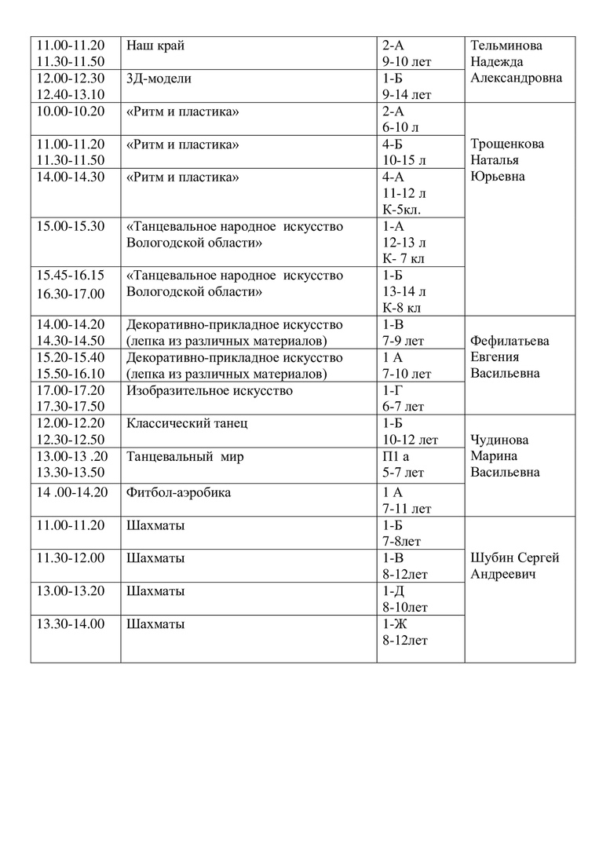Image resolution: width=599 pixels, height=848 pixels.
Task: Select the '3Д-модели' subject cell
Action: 159,79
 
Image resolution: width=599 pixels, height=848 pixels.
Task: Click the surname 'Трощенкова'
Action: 507,144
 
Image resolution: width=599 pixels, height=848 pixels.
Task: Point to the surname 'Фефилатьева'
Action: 510,342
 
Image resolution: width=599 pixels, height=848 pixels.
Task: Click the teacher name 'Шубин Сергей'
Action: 515,558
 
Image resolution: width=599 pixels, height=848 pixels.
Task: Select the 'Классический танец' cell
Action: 187,424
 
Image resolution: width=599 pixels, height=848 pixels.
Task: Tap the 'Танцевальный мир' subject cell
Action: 185,457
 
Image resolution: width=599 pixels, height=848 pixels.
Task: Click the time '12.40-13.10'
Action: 71,95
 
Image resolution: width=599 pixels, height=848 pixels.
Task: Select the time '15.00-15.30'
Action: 71,226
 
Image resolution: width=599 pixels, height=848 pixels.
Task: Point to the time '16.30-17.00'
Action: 71,294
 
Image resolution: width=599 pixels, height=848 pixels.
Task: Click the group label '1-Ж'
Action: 394,624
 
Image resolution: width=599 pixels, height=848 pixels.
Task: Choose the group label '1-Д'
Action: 394,591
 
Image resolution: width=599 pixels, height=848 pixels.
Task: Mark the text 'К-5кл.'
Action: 402,210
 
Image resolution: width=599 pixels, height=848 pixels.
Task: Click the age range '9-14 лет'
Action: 407,95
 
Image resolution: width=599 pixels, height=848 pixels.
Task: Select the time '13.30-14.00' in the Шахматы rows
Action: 71,624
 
